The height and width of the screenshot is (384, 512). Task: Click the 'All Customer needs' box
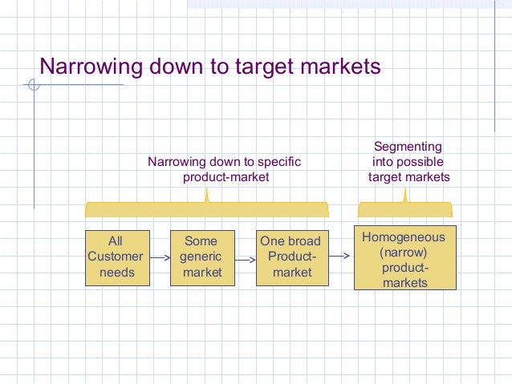(x=117, y=257)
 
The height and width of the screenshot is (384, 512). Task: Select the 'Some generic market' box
(x=201, y=257)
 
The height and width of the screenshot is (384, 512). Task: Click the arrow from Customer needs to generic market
(x=161, y=258)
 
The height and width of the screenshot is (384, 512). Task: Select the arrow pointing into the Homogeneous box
(x=339, y=257)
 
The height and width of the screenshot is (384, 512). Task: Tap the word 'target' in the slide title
(x=241, y=66)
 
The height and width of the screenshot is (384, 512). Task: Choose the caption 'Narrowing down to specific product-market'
(x=224, y=169)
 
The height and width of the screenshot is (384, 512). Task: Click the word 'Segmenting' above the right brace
(x=408, y=147)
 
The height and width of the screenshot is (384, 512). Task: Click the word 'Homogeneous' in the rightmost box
(x=404, y=238)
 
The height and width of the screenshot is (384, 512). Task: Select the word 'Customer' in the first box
(x=116, y=257)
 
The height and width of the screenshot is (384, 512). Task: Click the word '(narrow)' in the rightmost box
(x=404, y=253)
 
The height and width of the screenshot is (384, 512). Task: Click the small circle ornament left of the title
(x=32, y=84)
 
